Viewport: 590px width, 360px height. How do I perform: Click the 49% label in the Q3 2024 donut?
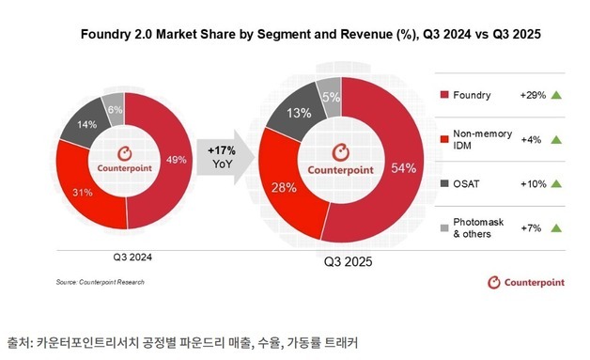click(x=175, y=159)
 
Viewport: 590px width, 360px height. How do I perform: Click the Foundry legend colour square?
click(x=443, y=96)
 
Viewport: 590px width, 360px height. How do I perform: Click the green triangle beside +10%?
click(x=556, y=183)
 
